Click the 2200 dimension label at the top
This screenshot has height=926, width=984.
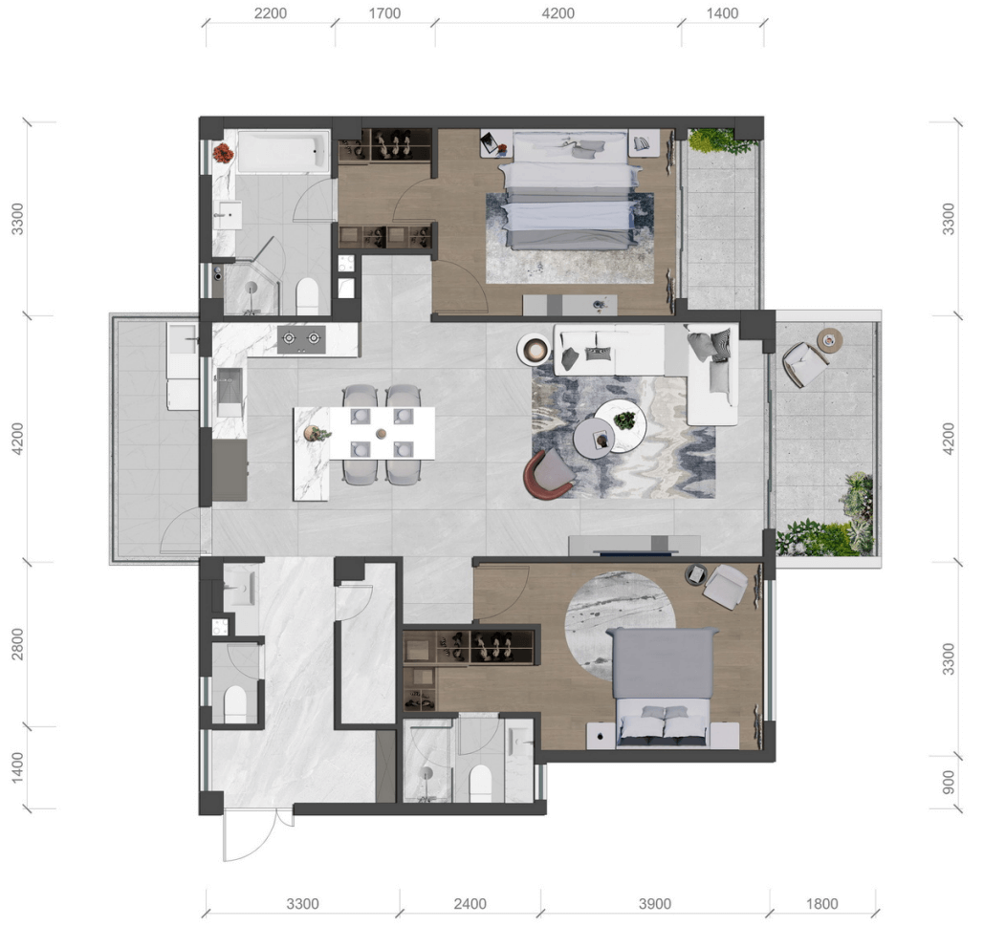pos(271,13)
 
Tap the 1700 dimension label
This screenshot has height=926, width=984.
pos(384,13)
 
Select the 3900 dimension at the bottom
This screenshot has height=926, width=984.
pos(654,903)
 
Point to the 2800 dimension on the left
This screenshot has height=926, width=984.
pos(17,644)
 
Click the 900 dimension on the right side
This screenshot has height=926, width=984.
pos(949,782)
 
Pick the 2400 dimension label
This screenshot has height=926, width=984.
pos(470,903)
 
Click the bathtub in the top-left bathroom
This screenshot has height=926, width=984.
pos(283,151)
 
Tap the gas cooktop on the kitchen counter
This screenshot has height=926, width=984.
pos(301,339)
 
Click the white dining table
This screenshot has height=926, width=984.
pos(383,433)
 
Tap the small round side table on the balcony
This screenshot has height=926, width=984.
pos(830,339)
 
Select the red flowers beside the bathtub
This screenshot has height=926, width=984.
pos(222,153)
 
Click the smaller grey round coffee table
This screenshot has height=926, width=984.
pos(594,437)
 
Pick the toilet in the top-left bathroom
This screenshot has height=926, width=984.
pos(308,296)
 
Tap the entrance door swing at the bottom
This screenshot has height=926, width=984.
pos(251,836)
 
